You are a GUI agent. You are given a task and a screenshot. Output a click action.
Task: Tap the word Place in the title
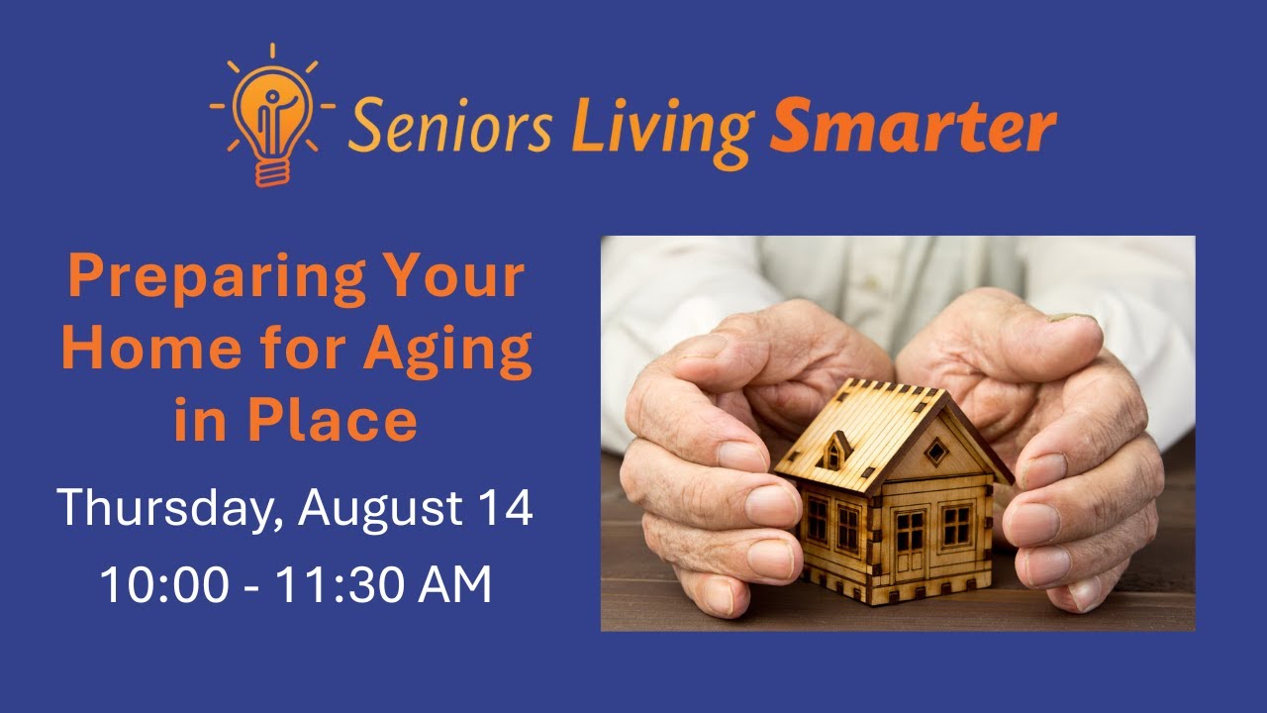(333, 420)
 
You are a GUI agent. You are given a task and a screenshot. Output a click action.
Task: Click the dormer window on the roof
(834, 454)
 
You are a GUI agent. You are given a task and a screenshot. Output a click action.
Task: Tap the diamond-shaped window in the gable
(934, 452)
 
